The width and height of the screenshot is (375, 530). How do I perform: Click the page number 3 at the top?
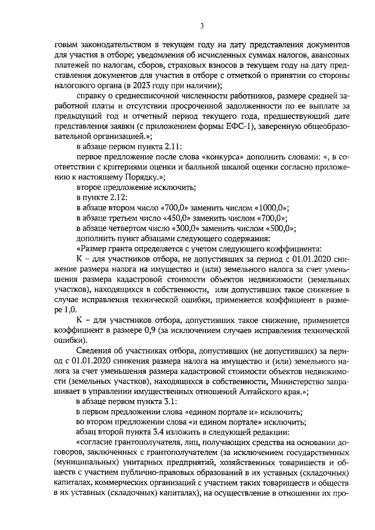(201, 26)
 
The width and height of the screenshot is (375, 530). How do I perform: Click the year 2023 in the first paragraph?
(145, 85)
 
